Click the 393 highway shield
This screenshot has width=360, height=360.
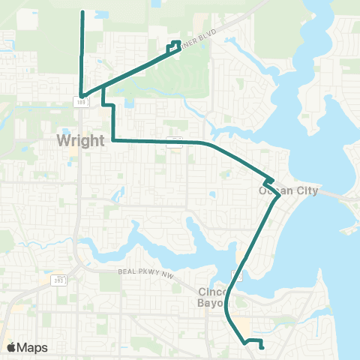(x=64, y=280)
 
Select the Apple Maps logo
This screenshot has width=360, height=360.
(x=12, y=347)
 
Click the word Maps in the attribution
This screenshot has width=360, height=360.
(x=32, y=347)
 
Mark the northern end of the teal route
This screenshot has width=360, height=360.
(x=81, y=12)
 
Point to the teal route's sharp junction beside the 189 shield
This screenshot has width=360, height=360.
(x=82, y=95)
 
